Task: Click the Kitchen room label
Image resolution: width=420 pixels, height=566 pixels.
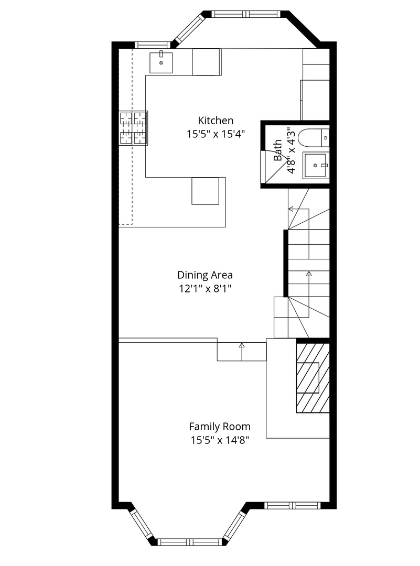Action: coord(216,121)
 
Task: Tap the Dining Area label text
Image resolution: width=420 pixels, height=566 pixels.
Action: coord(205,275)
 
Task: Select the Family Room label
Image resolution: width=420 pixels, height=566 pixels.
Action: coord(220,427)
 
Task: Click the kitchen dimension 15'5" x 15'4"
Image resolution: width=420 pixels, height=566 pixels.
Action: coord(216,134)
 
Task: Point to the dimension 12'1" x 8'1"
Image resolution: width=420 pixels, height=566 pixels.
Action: coord(205,289)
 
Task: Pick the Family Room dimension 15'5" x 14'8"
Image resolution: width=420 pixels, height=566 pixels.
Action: coord(220,440)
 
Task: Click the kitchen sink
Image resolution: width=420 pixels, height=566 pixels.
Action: coord(161,62)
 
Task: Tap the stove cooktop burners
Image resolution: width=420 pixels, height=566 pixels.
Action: coord(133,128)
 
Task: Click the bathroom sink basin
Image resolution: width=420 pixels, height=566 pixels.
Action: coord(315,165)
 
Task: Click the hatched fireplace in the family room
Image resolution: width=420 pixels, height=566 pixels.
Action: coord(313,377)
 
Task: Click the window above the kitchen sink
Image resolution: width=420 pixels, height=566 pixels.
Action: coord(152,45)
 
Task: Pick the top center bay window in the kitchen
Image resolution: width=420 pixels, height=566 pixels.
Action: coord(245,14)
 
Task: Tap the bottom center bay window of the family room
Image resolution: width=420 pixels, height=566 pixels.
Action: coord(190,542)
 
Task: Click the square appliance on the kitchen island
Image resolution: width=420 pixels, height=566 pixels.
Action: coord(206,191)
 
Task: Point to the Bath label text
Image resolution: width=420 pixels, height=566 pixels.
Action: coord(278,150)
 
